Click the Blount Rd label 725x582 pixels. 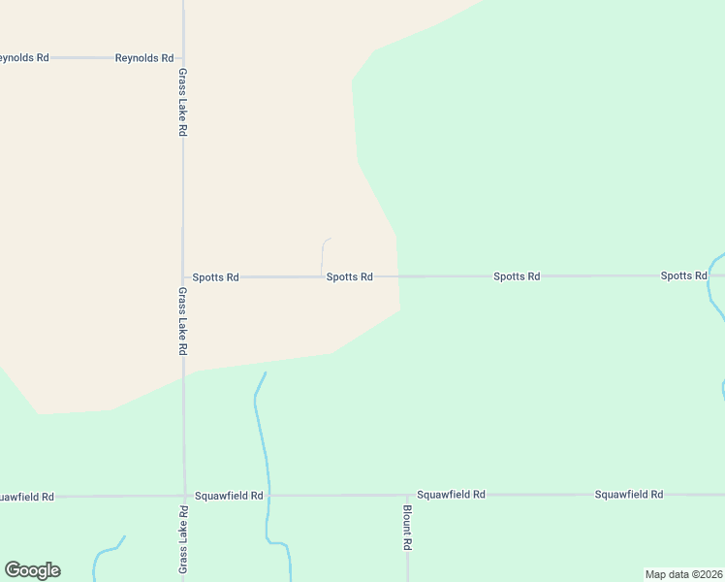408,529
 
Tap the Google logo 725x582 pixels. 32,570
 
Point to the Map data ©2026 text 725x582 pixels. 683,573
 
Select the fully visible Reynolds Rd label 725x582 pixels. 144,58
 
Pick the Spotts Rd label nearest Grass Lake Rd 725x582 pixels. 215,277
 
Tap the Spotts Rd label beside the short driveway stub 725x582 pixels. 349,276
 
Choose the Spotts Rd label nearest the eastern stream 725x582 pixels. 684,275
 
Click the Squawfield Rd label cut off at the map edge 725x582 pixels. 27,497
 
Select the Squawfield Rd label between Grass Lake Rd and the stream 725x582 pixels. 229,496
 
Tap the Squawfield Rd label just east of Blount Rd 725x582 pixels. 451,495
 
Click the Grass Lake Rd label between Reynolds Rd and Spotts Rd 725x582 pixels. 183,102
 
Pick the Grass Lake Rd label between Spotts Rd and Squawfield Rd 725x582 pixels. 183,320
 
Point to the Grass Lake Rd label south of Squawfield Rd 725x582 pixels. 183,539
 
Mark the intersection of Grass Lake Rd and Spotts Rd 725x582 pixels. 183,277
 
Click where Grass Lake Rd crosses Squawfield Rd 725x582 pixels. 183,496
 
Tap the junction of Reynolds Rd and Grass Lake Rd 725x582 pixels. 183,58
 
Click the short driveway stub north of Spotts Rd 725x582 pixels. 323,254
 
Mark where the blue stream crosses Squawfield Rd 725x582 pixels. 268,496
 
